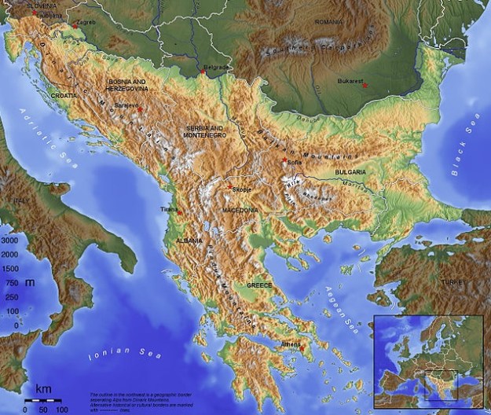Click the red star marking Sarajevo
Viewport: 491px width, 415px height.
139,109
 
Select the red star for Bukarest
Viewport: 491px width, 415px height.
365,85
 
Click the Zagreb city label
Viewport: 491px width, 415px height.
86,22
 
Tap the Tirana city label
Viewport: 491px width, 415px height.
168,210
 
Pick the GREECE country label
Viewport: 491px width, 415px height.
259,285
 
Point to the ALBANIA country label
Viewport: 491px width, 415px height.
189,240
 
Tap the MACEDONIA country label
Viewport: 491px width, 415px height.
240,211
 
